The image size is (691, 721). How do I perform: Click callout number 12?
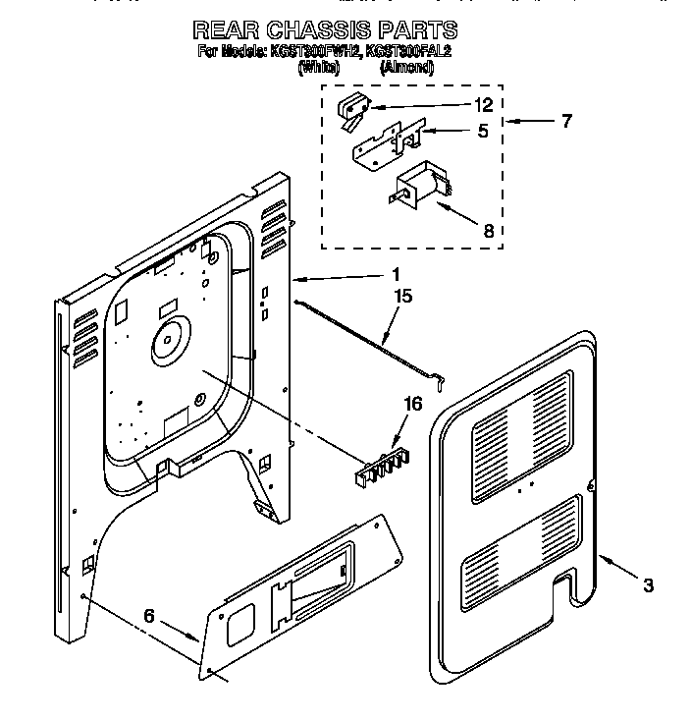click(x=482, y=105)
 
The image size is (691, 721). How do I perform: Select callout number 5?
click(x=482, y=130)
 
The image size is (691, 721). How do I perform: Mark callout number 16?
click(x=413, y=404)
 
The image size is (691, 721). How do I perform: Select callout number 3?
click(x=648, y=586)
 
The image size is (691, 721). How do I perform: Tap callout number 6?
click(x=148, y=616)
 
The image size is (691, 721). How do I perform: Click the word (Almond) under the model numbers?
click(x=406, y=68)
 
